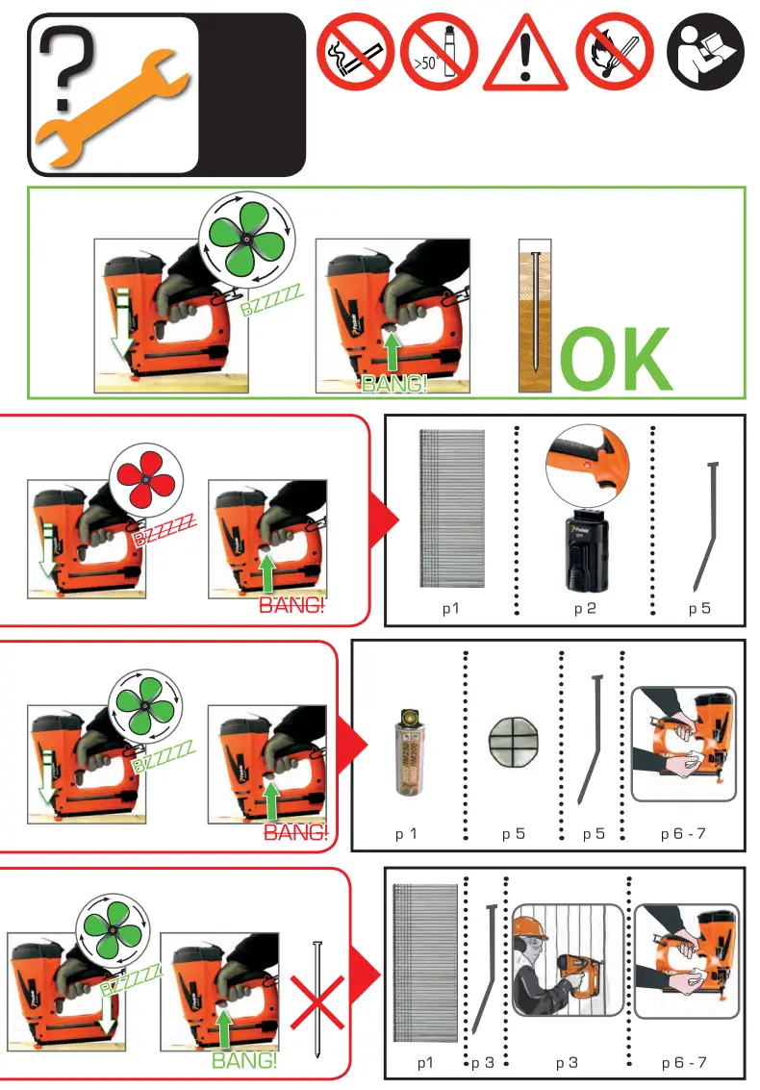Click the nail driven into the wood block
(531, 317)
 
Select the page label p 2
(585, 609)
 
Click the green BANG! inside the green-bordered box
(394, 384)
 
